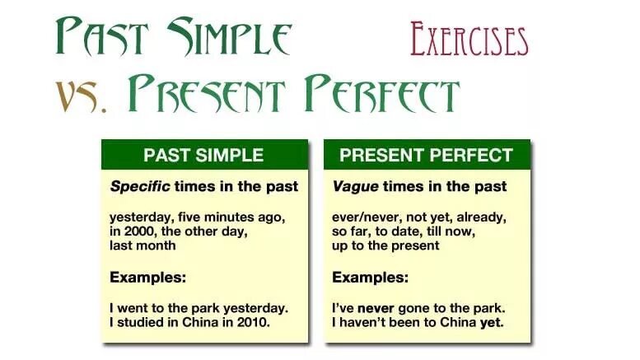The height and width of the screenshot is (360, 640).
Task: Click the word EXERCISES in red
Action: pyautogui.click(x=469, y=39)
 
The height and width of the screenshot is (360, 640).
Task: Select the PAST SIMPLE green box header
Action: pyautogui.click(x=203, y=155)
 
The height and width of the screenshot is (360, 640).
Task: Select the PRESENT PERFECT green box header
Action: pyautogui.click(x=426, y=155)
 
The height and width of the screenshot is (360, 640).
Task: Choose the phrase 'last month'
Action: pyautogui.click(x=142, y=245)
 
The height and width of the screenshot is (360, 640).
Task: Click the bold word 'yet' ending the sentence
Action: pyautogui.click(x=492, y=321)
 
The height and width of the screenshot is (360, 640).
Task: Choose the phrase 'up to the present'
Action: pyautogui.click(x=385, y=245)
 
